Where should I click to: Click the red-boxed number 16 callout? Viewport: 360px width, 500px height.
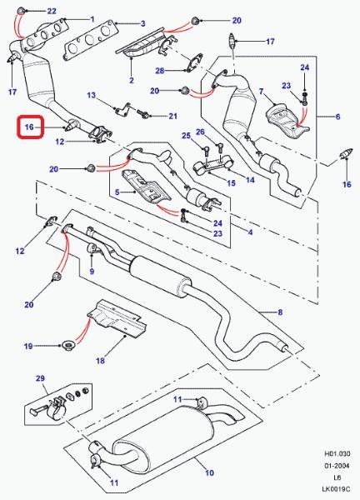29,127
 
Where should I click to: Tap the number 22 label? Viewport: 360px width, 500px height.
52,11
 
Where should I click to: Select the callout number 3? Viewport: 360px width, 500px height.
143,23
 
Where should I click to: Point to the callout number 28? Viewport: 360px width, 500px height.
160,71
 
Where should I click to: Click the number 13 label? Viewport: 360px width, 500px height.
91,95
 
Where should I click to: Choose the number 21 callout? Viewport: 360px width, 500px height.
172,116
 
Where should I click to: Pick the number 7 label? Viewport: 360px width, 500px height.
262,92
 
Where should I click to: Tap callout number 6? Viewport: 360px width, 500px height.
338,117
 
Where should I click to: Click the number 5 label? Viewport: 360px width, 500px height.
117,192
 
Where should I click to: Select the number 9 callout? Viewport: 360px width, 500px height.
92,272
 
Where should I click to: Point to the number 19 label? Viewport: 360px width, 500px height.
28,346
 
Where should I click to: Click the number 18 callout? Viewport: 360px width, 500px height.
100,361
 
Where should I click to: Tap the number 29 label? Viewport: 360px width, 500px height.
40,378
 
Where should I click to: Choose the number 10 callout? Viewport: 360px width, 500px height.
209,472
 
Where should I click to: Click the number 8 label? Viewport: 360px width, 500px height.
280,312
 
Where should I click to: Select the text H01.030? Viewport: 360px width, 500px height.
337,453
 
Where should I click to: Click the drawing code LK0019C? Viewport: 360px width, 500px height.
336,489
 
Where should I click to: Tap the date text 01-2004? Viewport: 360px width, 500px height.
337,466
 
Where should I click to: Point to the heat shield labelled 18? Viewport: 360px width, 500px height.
117,319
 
